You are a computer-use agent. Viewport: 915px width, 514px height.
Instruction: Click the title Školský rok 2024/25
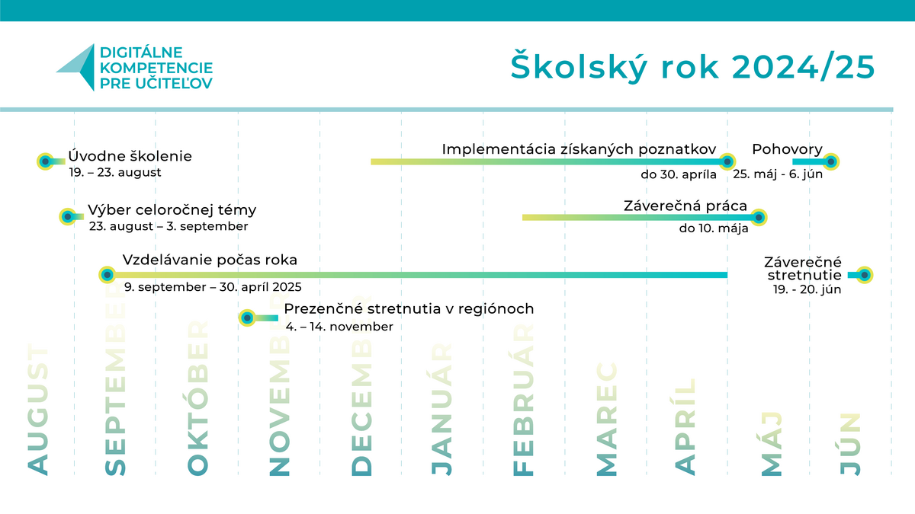692,67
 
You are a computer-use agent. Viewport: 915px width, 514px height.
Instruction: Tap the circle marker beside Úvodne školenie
45,161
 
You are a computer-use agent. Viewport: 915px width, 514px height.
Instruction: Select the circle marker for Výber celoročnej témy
68,216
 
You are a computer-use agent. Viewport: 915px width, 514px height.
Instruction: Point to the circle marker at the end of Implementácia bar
727,161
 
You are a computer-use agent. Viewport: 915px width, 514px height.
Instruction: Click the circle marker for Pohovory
831,161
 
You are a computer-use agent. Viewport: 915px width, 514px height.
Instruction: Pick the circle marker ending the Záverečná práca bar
759,217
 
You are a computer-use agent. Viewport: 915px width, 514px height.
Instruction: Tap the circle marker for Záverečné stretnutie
865,275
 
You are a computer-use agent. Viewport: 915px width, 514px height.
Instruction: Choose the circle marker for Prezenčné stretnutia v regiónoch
247,318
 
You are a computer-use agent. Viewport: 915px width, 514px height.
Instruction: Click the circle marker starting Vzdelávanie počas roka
108,275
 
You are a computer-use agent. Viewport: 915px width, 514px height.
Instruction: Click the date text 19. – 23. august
115,172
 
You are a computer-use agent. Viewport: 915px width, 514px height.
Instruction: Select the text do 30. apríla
679,174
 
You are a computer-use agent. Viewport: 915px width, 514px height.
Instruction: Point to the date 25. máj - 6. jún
778,174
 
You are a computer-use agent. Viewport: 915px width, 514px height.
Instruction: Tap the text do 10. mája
714,228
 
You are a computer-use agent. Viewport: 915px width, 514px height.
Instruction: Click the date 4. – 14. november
339,327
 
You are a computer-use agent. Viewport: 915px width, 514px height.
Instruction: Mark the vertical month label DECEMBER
362,385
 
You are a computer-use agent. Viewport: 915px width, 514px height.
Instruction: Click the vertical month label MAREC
607,419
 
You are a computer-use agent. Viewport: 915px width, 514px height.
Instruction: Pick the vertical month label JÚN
851,444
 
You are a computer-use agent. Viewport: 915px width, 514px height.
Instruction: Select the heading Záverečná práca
685,206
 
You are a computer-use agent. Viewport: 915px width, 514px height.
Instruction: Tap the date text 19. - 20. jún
807,289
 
